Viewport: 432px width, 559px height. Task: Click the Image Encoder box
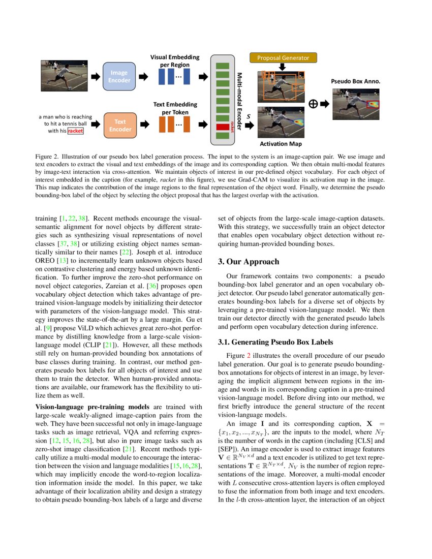point(120,76)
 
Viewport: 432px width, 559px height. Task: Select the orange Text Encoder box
point(120,126)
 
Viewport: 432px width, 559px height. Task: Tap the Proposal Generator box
point(283,57)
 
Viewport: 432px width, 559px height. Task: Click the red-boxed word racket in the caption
point(75,131)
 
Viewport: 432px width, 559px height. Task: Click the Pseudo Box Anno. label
point(356,81)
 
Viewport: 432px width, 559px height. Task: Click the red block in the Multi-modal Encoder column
point(223,127)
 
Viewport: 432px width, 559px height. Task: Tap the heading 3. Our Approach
point(249,262)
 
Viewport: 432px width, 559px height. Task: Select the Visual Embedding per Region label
point(174,61)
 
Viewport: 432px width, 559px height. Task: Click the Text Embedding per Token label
point(175,108)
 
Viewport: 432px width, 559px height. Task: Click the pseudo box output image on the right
point(356,104)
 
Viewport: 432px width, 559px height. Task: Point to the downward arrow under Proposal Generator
point(283,68)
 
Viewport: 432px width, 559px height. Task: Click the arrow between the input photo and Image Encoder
point(95,77)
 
